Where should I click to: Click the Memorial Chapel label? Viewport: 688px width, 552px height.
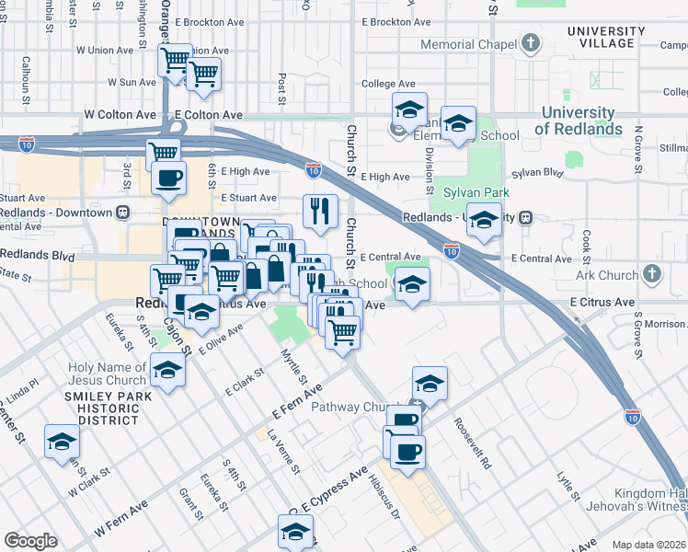(469, 44)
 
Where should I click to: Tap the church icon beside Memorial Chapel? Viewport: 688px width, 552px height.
(531, 43)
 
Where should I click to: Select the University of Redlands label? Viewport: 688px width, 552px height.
(578, 121)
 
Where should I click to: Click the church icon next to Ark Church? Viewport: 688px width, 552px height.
(651, 273)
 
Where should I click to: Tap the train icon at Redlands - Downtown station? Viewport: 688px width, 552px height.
(122, 213)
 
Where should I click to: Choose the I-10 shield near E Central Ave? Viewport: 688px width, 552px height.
(451, 249)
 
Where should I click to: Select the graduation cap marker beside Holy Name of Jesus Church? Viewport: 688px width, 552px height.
(167, 370)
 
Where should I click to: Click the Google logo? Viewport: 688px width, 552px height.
(30, 541)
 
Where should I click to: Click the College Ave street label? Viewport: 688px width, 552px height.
(389, 84)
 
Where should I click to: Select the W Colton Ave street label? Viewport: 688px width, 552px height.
(120, 115)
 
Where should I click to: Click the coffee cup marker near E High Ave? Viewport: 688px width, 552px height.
(168, 178)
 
